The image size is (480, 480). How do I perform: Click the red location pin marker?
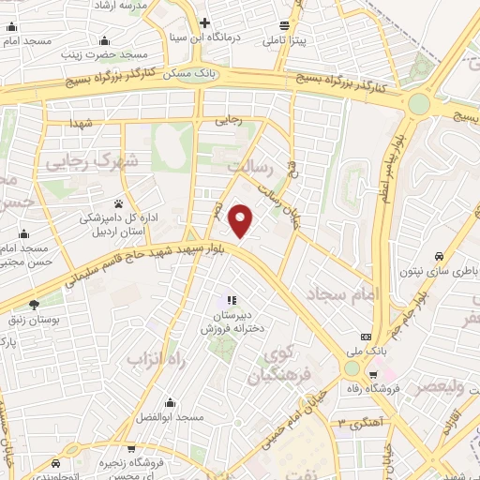point(242,219)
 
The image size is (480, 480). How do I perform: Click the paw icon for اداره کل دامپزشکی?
point(119,203)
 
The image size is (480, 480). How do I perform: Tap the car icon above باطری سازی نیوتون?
point(439,256)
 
